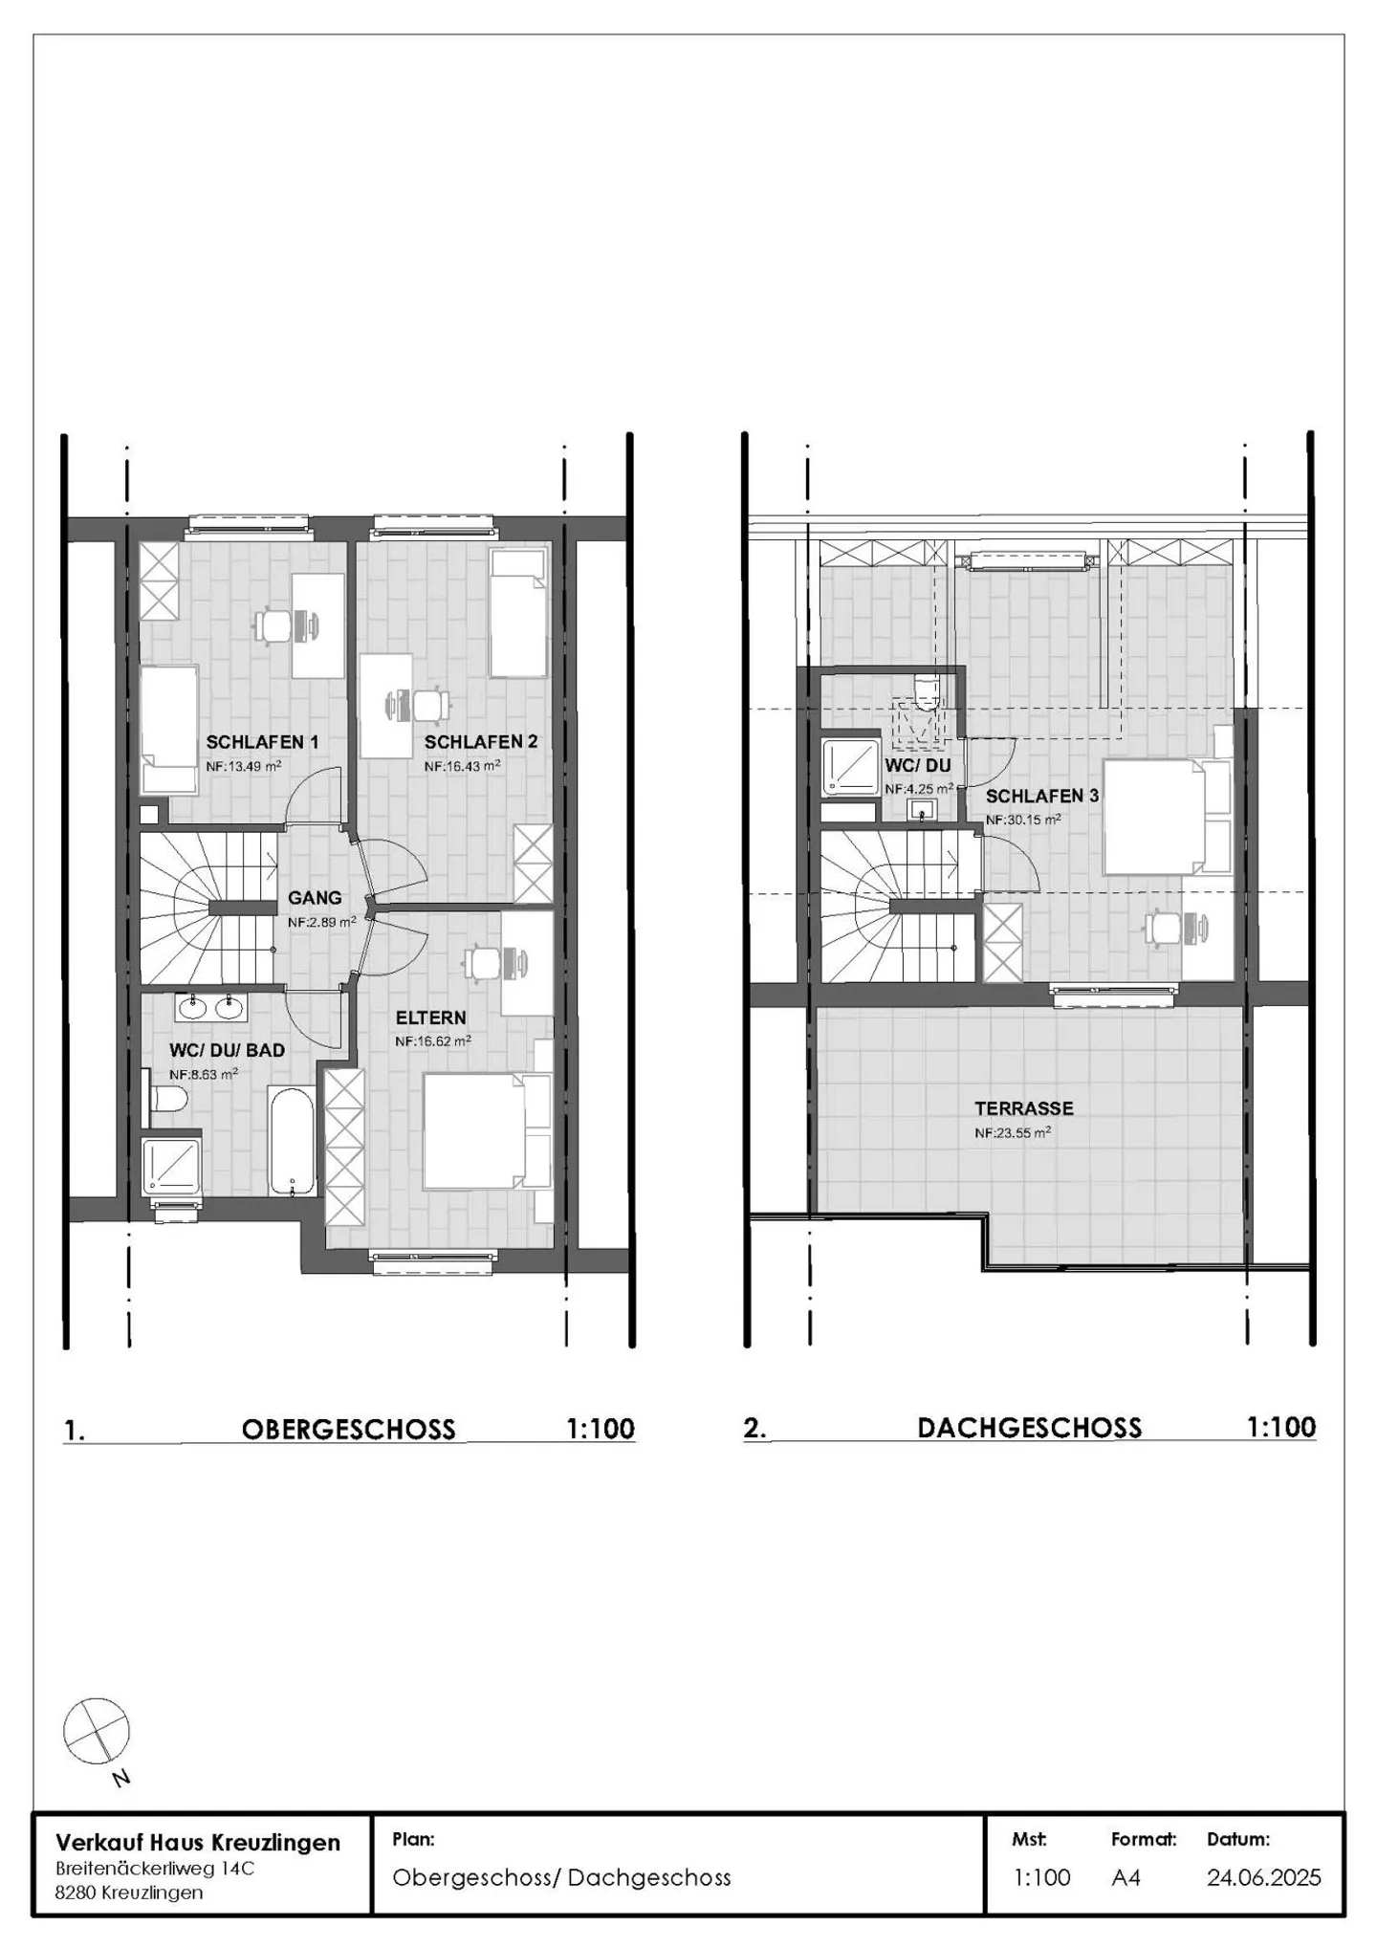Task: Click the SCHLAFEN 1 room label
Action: coord(262,742)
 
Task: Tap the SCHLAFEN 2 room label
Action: coord(481,742)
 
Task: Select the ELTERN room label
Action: coord(431,1018)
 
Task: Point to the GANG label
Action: coord(315,898)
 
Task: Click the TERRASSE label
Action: coord(1024,1108)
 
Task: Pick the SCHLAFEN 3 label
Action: coord(1042,796)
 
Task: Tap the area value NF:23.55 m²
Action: coord(1014,1132)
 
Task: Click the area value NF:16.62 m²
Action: coord(433,1041)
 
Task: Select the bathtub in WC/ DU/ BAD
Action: coord(291,1141)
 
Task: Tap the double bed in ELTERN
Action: coord(488,1131)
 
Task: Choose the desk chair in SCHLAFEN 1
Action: coord(273,626)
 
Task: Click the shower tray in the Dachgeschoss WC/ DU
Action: coord(850,766)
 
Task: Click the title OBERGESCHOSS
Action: coord(349,1430)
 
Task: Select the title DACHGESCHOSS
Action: coord(1030,1428)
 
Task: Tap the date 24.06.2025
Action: coord(1264,1877)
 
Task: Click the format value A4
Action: coord(1126,1877)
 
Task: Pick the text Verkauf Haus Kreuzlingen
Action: coord(198,1842)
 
